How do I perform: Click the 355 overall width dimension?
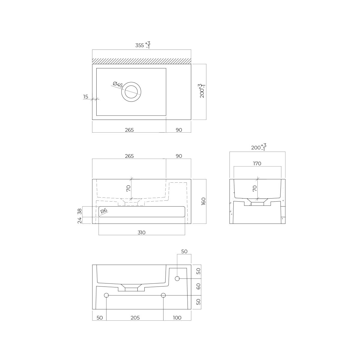[143, 45]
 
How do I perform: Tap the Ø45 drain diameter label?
[118, 85]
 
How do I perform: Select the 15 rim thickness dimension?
[85, 97]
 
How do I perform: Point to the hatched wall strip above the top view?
[142, 61]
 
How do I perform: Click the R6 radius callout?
[104, 211]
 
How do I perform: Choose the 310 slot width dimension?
[141, 232]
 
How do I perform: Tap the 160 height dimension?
[203, 201]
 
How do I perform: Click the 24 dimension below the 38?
[79, 220]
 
